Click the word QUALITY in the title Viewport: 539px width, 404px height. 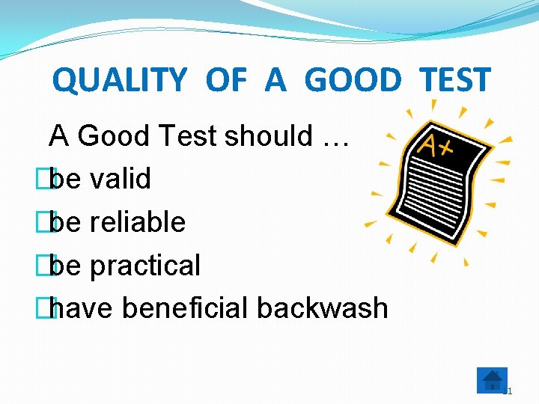(x=119, y=80)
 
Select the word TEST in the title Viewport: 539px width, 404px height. (x=454, y=80)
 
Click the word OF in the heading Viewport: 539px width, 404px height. (x=225, y=80)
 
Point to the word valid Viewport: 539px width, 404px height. (x=120, y=179)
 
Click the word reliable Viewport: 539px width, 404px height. (x=137, y=222)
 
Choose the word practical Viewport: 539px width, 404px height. (x=144, y=266)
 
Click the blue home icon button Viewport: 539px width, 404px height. (x=492, y=380)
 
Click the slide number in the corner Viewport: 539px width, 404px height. (x=508, y=391)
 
